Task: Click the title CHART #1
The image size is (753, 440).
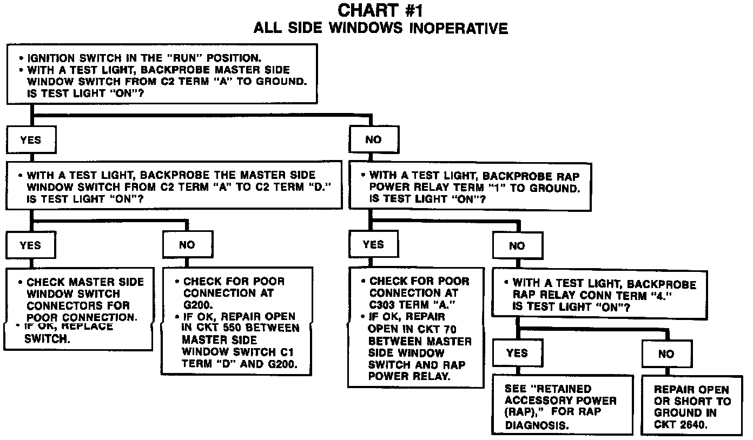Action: tap(381, 10)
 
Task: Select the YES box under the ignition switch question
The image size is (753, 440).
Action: tap(30, 139)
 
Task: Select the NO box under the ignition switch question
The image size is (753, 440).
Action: tap(374, 139)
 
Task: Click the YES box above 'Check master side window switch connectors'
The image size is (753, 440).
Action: tap(30, 245)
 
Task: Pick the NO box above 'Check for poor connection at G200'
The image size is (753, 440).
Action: tap(187, 245)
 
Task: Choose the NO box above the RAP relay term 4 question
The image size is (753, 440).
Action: tap(517, 246)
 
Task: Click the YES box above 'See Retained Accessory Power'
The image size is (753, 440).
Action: tap(517, 353)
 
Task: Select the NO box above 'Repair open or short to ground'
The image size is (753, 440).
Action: tap(666, 354)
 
